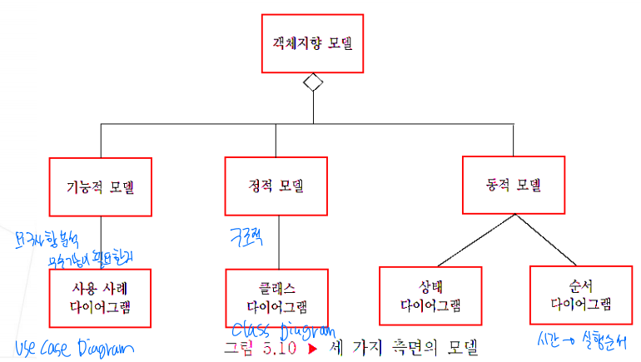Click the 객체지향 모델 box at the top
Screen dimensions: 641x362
tap(312, 42)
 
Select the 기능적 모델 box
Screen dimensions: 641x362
tap(101, 186)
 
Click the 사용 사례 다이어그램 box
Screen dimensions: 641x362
tap(100, 297)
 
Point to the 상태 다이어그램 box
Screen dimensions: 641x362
tap(430, 295)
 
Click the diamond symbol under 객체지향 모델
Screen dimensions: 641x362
tap(312, 82)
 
